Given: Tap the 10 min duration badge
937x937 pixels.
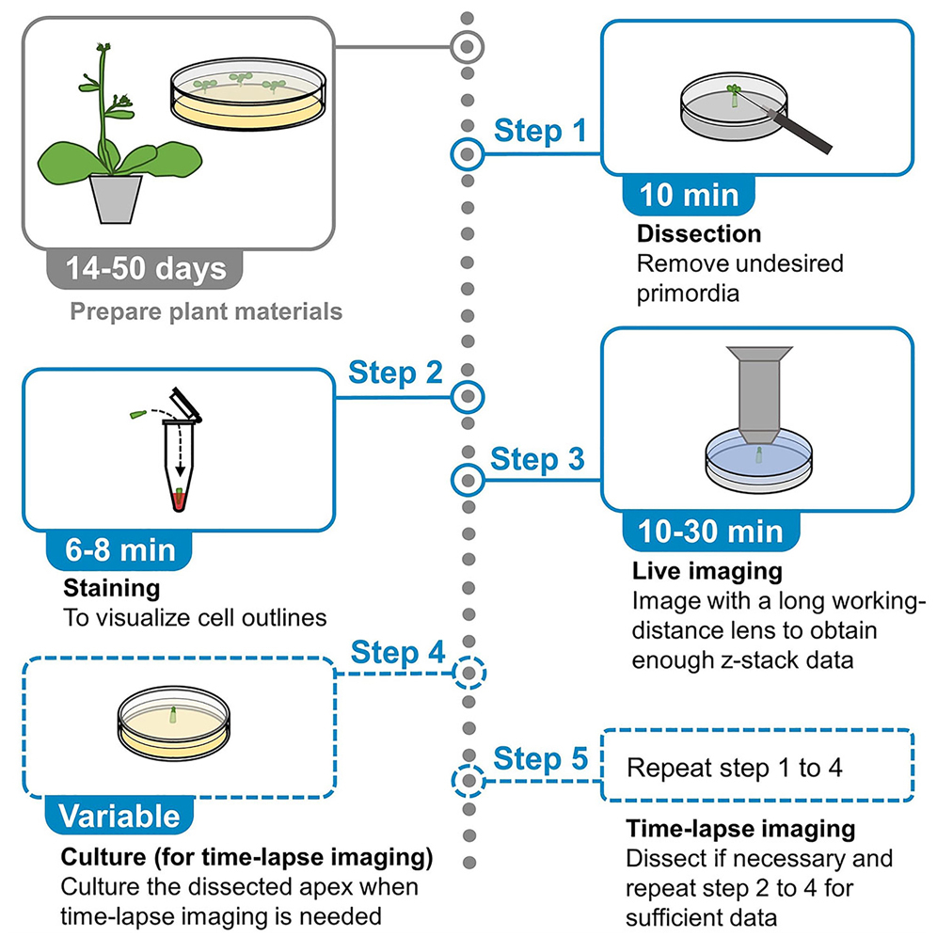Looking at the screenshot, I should [689, 195].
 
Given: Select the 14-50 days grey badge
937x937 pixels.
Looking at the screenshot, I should [146, 268].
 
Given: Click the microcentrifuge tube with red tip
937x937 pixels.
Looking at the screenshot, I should [179, 461].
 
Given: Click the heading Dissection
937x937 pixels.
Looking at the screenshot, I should [698, 233].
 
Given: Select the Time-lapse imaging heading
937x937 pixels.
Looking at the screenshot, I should [739, 829].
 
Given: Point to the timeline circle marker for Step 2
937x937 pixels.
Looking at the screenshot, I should [467, 398].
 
